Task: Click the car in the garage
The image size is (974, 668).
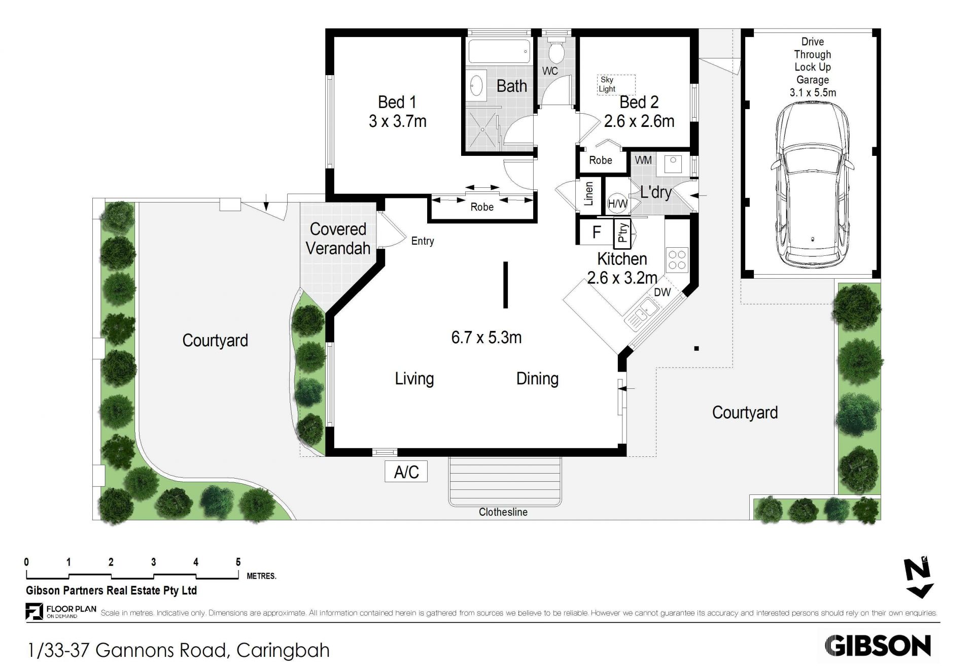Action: click(x=812, y=185)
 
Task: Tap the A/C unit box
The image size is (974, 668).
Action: click(x=406, y=472)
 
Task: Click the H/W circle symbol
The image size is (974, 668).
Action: click(x=617, y=204)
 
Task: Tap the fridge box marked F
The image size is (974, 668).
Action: click(x=597, y=232)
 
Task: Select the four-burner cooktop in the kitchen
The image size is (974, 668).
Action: click(x=676, y=259)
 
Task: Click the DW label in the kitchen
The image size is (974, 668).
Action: click(x=662, y=292)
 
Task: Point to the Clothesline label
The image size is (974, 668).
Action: click(x=503, y=512)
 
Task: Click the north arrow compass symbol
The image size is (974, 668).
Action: click(x=919, y=578)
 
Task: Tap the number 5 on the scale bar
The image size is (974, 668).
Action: click(x=238, y=562)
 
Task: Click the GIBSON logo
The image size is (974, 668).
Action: click(x=878, y=646)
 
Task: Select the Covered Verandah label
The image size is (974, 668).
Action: click(x=338, y=239)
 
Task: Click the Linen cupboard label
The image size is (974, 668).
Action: click(x=589, y=193)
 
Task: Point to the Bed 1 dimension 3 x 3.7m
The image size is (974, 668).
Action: click(x=398, y=121)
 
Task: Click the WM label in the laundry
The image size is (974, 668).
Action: click(x=643, y=160)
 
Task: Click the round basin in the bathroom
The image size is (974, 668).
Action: click(x=477, y=86)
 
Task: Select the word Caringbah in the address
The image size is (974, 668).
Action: click(x=283, y=650)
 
